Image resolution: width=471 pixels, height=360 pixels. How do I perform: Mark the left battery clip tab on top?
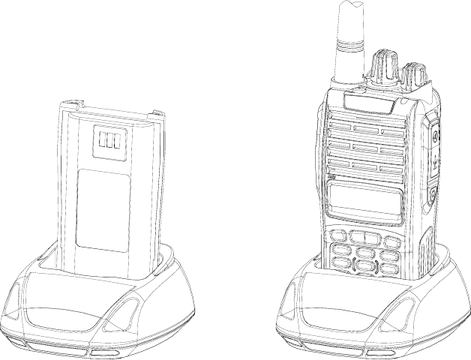tap(76, 106)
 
